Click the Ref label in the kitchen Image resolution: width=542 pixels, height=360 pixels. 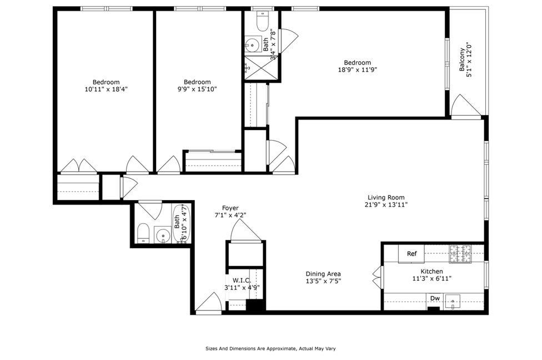pyautogui.click(x=411, y=254)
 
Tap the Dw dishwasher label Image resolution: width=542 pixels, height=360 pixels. pyautogui.click(x=435, y=299)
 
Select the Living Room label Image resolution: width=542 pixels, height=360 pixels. pyautogui.click(x=386, y=197)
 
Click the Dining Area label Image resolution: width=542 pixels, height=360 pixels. pyautogui.click(x=323, y=274)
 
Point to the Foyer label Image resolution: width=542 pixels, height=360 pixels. pyautogui.click(x=230, y=208)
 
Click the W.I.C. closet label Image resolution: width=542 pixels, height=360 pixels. pyautogui.click(x=242, y=280)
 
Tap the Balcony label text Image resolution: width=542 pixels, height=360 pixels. pyautogui.click(x=462, y=57)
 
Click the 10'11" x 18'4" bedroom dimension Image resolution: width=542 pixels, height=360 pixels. pyautogui.click(x=106, y=89)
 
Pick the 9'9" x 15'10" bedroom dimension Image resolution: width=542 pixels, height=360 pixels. pyautogui.click(x=198, y=89)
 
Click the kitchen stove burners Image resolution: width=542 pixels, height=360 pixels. pyautogui.click(x=460, y=254)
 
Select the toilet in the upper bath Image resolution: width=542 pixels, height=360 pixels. pyautogui.click(x=262, y=21)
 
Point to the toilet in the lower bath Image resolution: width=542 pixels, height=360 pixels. pyautogui.click(x=143, y=234)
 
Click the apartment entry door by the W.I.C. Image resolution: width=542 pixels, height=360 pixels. pyautogui.click(x=209, y=303)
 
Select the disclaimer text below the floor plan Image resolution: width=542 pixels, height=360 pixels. pyautogui.click(x=270, y=349)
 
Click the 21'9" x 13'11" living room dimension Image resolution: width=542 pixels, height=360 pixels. pyautogui.click(x=386, y=204)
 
